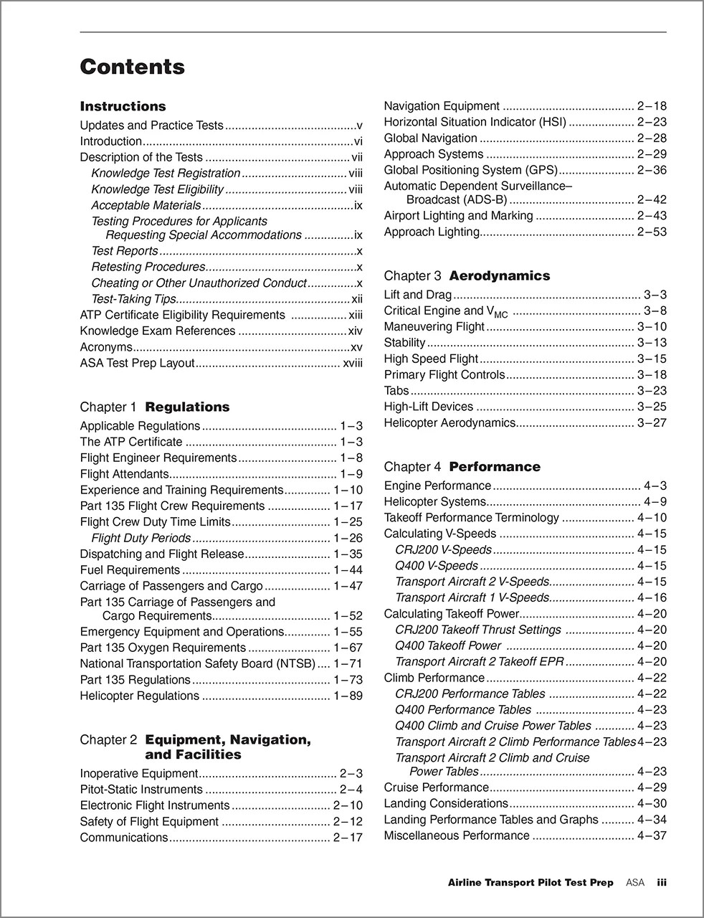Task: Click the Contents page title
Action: pos(132,67)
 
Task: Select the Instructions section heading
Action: pos(123,106)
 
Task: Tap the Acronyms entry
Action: pos(106,347)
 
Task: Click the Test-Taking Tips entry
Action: pos(133,299)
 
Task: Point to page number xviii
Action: pos(353,363)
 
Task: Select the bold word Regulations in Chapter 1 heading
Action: pos(187,407)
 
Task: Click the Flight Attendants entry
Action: pos(124,474)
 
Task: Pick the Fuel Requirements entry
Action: pos(130,570)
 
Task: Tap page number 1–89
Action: pos(348,696)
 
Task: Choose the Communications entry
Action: pos(123,838)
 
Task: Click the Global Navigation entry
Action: pos(430,138)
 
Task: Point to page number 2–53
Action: pos(652,232)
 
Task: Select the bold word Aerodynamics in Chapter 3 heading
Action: pos(500,275)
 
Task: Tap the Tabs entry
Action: pos(396,391)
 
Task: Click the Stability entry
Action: pos(404,343)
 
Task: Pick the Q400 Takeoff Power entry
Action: pos(447,645)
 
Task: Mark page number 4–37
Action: pos(652,836)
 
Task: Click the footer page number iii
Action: pos(662,883)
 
